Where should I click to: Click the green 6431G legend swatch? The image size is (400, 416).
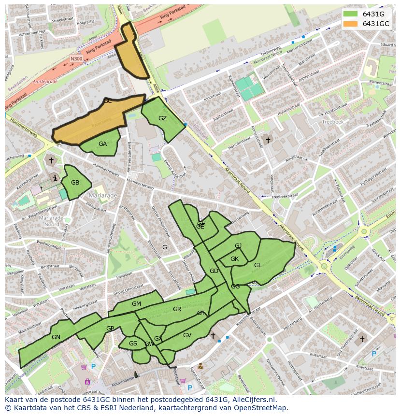click(351, 14)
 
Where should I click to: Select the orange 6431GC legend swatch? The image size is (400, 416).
click(351, 24)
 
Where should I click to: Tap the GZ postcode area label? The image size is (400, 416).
click(162, 118)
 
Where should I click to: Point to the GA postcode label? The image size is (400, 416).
click(102, 144)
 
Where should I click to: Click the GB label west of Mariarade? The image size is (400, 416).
click(75, 183)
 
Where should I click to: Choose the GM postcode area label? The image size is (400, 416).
click(136, 304)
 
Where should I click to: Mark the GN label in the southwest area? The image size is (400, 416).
click(56, 337)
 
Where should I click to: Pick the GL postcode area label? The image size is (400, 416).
click(258, 265)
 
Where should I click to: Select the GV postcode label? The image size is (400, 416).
click(187, 335)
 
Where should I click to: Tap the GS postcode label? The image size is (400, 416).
click(133, 344)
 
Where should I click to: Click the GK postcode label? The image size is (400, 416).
click(234, 259)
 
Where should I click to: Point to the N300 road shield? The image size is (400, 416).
click(76, 59)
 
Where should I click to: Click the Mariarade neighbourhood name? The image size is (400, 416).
click(103, 196)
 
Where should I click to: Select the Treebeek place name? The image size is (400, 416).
click(332, 122)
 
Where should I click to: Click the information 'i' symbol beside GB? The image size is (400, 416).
click(56, 178)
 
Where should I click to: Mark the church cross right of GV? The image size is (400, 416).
click(213, 335)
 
